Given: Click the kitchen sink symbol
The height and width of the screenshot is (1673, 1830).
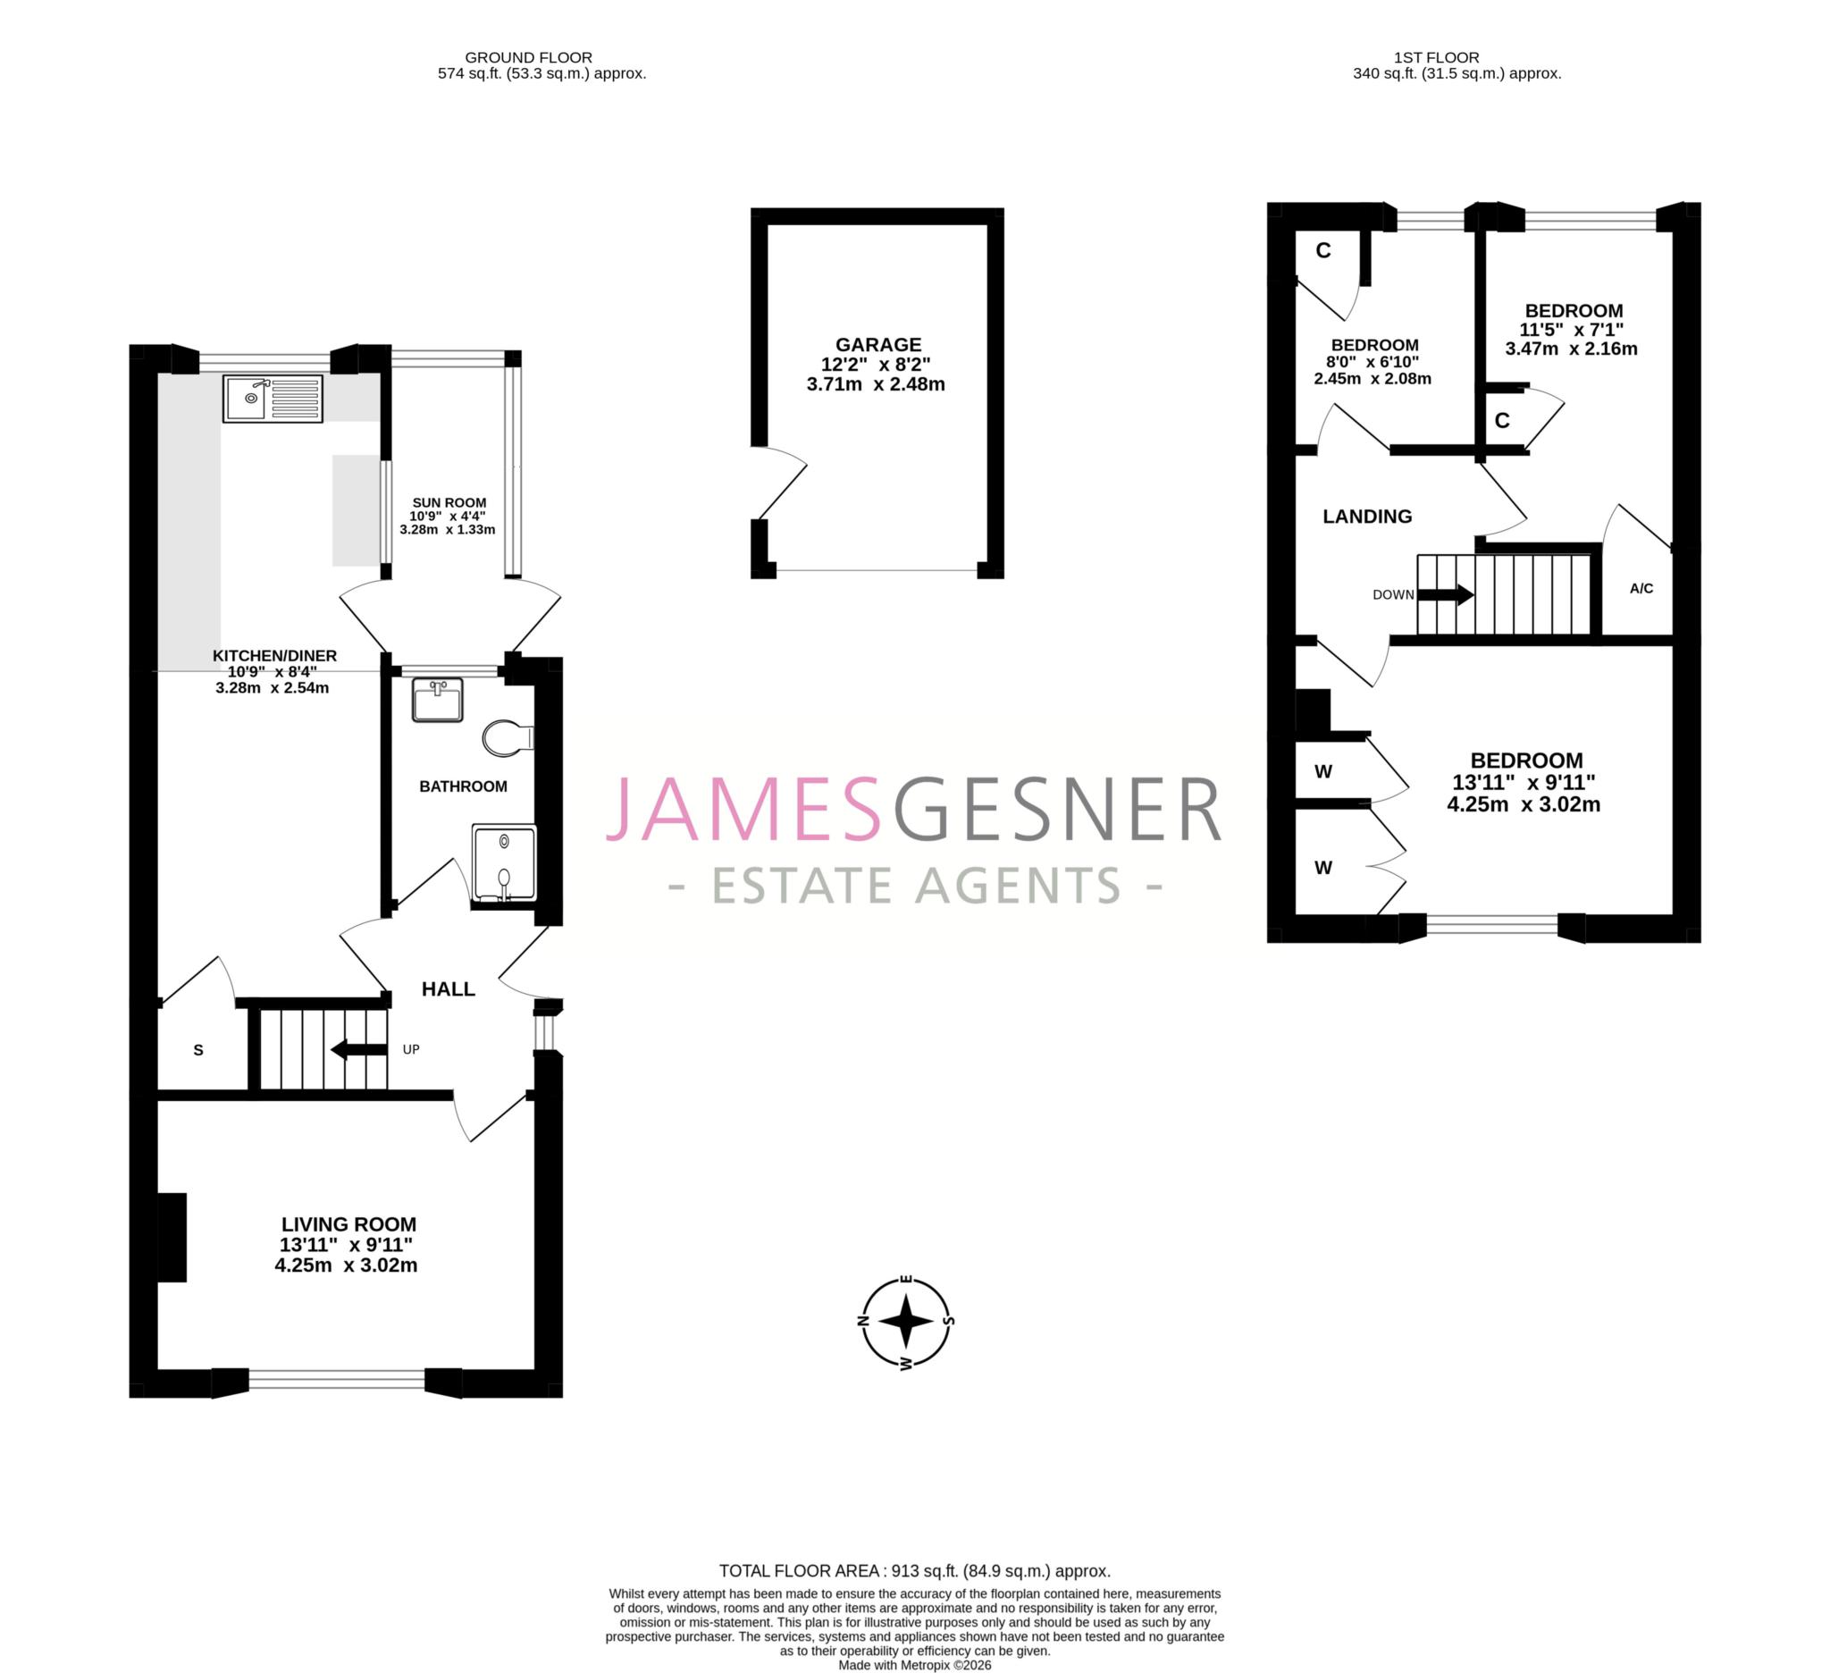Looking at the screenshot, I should tap(273, 399).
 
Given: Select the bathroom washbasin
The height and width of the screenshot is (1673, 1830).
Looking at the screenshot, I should tap(438, 700).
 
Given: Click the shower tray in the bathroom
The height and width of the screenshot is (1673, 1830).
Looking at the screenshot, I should tap(504, 863).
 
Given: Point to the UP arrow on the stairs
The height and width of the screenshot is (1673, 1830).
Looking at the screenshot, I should tap(359, 1049).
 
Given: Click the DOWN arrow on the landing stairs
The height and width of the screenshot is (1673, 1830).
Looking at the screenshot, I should tap(1445, 594).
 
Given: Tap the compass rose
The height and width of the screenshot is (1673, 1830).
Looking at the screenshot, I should tap(906, 1321).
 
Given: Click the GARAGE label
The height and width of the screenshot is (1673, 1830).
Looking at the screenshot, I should tap(877, 345).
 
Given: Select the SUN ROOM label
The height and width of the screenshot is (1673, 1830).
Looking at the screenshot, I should tap(449, 503).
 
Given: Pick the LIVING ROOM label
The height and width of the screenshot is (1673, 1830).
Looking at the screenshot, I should tap(348, 1223).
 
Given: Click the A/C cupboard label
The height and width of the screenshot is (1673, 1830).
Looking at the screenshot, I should tap(1641, 588).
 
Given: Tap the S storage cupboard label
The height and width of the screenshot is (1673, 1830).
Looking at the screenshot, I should tap(197, 1050).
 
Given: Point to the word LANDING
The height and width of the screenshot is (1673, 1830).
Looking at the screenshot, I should tap(1367, 517).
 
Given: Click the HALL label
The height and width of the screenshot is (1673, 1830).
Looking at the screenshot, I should tap(449, 988).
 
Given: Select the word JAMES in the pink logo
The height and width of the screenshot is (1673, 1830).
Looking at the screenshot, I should tap(743, 809).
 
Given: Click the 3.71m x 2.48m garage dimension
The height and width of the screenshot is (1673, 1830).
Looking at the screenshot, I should tap(876, 384).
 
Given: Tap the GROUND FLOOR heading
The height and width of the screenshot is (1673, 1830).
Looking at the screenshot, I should tap(528, 57).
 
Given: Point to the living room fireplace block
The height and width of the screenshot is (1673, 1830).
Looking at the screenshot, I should tap(172, 1237).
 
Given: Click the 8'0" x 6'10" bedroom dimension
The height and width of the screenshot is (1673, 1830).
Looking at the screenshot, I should tap(1372, 362).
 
